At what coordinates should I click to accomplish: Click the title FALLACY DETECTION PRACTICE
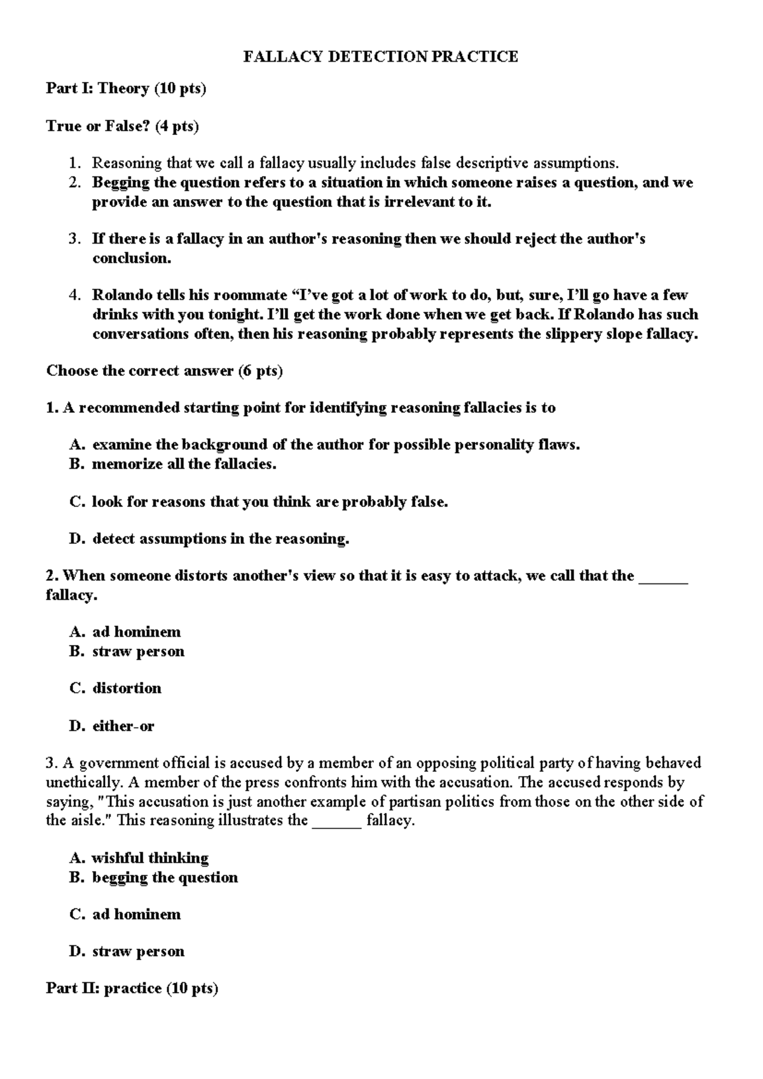pyautogui.click(x=381, y=57)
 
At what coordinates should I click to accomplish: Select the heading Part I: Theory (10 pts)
pyautogui.click(x=126, y=88)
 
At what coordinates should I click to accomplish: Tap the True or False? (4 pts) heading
pyautogui.click(x=122, y=126)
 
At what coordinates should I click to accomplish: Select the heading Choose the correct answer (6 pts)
pyautogui.click(x=164, y=371)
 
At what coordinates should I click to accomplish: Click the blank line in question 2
pyautogui.click(x=663, y=577)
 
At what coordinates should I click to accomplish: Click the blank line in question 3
pyautogui.click(x=338, y=821)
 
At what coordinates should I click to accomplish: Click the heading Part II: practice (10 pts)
pyautogui.click(x=132, y=988)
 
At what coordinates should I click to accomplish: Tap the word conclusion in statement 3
pyautogui.click(x=131, y=258)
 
